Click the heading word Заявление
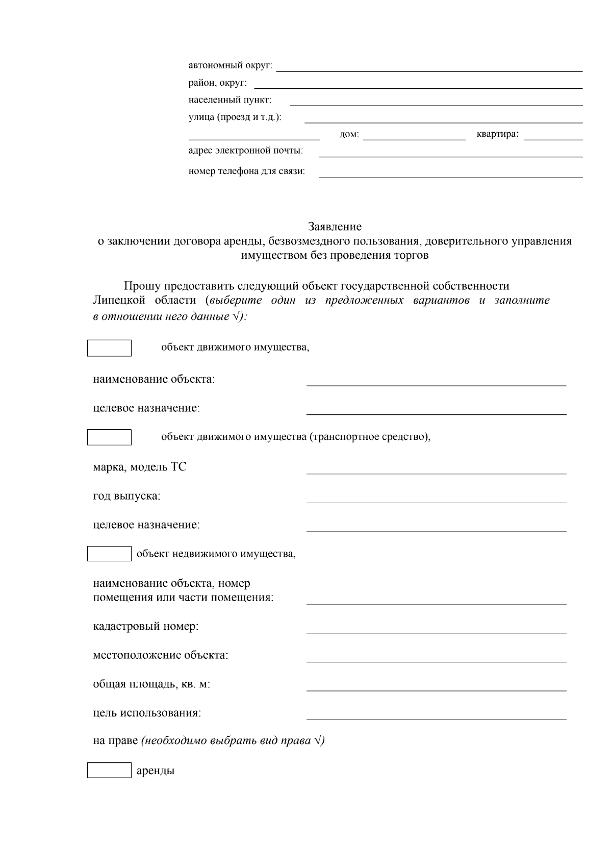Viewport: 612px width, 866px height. click(335, 226)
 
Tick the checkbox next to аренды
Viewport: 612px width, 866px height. click(109, 770)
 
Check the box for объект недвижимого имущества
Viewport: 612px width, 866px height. click(109, 553)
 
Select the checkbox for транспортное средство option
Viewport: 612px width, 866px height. click(109, 437)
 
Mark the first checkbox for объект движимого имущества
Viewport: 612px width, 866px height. click(109, 348)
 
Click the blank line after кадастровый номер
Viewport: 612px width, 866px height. click(436, 628)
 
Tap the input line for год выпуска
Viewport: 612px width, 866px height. click(436, 498)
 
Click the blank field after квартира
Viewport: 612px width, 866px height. click(553, 135)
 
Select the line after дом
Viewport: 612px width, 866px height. click(414, 135)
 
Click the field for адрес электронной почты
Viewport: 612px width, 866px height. click(450, 152)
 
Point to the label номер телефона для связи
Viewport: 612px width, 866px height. click(246, 171)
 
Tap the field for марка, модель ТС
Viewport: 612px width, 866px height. click(436, 468)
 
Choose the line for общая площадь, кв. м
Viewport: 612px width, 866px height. click(436, 685)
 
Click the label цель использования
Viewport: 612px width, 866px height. click(147, 713)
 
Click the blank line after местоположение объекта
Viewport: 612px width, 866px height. click(436, 657)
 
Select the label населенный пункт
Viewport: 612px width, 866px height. click(230, 100)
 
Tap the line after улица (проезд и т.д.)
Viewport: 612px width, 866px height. click(443, 118)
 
